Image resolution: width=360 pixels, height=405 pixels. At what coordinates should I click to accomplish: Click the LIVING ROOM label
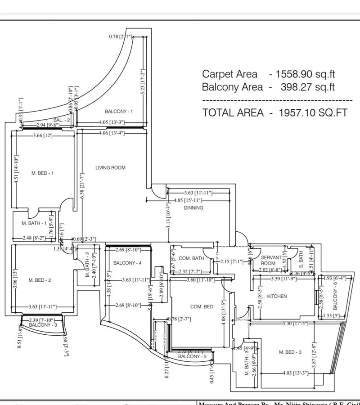110,168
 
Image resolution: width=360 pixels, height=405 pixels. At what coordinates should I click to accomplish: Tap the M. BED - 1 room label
43,173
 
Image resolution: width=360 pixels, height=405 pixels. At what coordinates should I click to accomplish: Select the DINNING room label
193,208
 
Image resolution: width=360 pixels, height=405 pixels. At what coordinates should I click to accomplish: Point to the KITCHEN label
277,296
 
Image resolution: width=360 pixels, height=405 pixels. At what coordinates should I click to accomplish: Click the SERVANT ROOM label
271,260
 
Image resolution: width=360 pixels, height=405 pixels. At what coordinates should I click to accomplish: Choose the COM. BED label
202,306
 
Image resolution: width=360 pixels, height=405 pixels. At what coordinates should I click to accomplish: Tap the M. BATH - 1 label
34,223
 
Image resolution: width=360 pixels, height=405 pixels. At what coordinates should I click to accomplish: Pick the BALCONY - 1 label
119,111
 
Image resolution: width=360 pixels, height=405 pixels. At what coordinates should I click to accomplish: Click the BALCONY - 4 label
128,263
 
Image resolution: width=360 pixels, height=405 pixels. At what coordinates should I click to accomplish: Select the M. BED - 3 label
290,352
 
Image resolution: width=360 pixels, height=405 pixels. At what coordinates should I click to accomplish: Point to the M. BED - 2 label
40,280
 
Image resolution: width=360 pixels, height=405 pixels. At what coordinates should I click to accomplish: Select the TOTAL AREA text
233,113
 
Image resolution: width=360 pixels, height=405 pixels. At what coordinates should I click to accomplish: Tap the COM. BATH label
191,258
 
